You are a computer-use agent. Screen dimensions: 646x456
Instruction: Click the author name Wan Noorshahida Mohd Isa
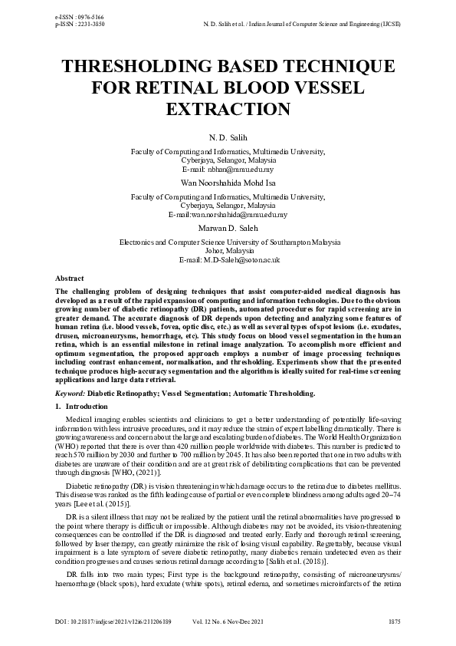[x=227, y=184]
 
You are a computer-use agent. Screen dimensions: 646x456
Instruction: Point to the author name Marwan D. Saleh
[x=227, y=229]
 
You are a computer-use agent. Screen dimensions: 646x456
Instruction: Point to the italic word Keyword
[x=70, y=393]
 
